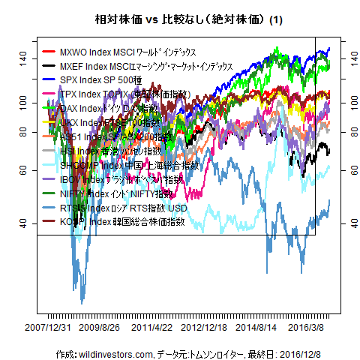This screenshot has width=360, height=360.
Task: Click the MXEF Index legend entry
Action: tap(142, 66)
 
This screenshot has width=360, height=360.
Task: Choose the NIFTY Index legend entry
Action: tap(120, 193)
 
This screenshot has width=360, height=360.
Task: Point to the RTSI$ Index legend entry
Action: tap(124, 207)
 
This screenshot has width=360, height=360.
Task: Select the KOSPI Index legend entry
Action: tap(124, 221)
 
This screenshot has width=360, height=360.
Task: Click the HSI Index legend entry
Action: tap(120, 150)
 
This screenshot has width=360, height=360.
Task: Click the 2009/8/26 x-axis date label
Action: tap(100, 328)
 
